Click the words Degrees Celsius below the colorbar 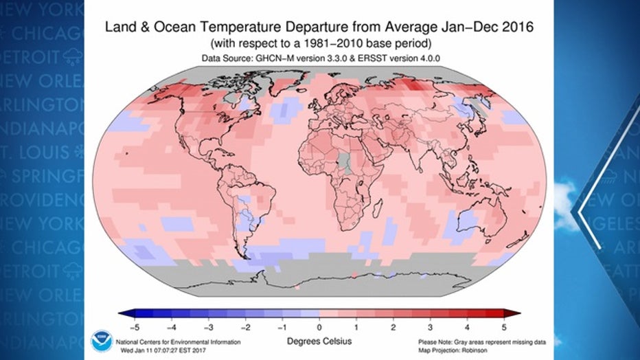319,340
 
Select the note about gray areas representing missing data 473,341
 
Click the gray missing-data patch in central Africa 343,161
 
